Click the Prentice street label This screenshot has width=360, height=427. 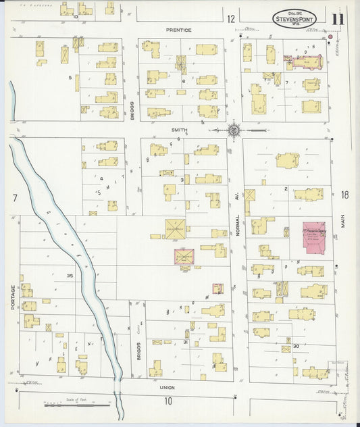click(180, 30)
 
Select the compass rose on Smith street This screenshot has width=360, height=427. click(234, 129)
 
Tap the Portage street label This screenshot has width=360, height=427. click(12, 297)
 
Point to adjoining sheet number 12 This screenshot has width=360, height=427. click(231, 18)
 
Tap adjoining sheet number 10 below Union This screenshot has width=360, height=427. click(168, 401)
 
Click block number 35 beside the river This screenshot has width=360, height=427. click(70, 276)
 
